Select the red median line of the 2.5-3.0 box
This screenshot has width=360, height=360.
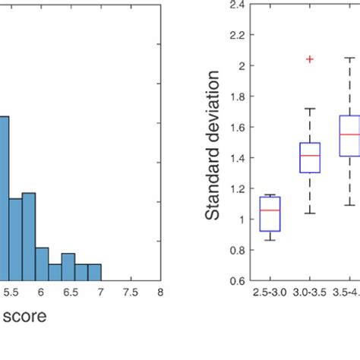point(270,210)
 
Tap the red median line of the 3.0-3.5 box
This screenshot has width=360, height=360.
point(310,156)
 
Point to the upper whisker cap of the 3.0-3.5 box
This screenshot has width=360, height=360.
point(310,109)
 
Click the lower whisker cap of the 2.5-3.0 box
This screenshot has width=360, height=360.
point(270,240)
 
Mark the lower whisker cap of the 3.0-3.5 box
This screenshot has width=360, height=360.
point(310,213)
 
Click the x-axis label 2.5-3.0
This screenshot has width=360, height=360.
point(270,291)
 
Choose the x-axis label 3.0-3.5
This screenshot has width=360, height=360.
point(310,291)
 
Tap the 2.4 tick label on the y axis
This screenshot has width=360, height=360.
point(235,5)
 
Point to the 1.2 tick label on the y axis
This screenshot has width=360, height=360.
point(235,188)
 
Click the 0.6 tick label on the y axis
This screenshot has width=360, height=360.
point(235,280)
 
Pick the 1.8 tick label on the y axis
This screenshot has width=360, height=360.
point(235,96)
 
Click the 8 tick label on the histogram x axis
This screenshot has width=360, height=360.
point(160,291)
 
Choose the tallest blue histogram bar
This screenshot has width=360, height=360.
point(4,197)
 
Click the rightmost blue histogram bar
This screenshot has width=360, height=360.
point(94,272)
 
